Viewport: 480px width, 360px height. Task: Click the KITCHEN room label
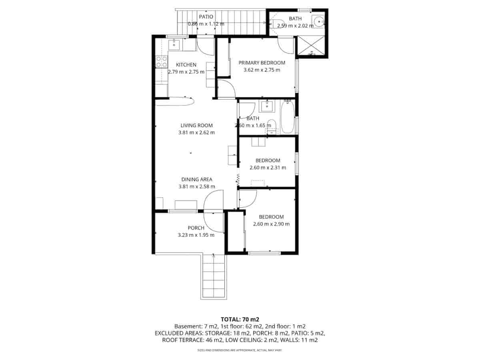(186, 65)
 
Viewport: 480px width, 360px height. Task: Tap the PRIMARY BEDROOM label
(262, 63)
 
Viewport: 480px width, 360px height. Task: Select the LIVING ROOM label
(196, 125)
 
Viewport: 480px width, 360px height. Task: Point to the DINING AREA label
(196, 179)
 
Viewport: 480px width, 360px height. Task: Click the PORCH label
(196, 228)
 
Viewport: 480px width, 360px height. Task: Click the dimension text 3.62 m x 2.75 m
(262, 70)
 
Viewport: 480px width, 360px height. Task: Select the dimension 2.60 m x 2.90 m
(271, 224)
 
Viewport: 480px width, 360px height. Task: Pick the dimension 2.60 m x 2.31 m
(268, 168)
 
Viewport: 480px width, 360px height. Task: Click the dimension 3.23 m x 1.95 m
(196, 235)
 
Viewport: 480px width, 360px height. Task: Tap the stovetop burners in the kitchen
(162, 62)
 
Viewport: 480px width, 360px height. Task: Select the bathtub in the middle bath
(288, 117)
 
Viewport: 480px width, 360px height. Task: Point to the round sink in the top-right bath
(319, 21)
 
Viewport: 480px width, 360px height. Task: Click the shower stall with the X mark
(311, 46)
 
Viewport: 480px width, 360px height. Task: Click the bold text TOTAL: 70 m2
(240, 319)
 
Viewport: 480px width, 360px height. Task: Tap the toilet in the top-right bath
(276, 23)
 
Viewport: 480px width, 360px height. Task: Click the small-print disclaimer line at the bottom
(240, 350)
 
